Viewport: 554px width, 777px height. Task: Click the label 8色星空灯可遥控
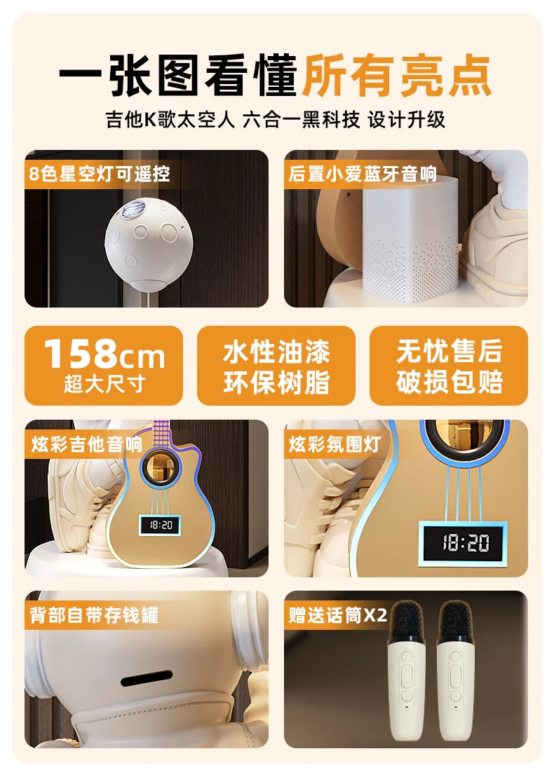point(99,173)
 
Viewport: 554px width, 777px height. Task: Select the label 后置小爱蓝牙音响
point(363,173)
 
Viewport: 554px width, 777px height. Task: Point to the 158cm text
point(104,354)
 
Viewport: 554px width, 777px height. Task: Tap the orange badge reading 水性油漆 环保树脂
point(276,366)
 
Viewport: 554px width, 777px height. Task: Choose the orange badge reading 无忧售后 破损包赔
point(449,366)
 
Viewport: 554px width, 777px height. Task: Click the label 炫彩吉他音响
point(86,444)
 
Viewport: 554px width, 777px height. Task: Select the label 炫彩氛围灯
point(335,444)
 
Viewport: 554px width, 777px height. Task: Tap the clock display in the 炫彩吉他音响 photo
point(159,524)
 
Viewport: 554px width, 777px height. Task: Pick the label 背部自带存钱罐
point(94,615)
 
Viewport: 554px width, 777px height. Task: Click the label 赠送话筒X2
point(337,615)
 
